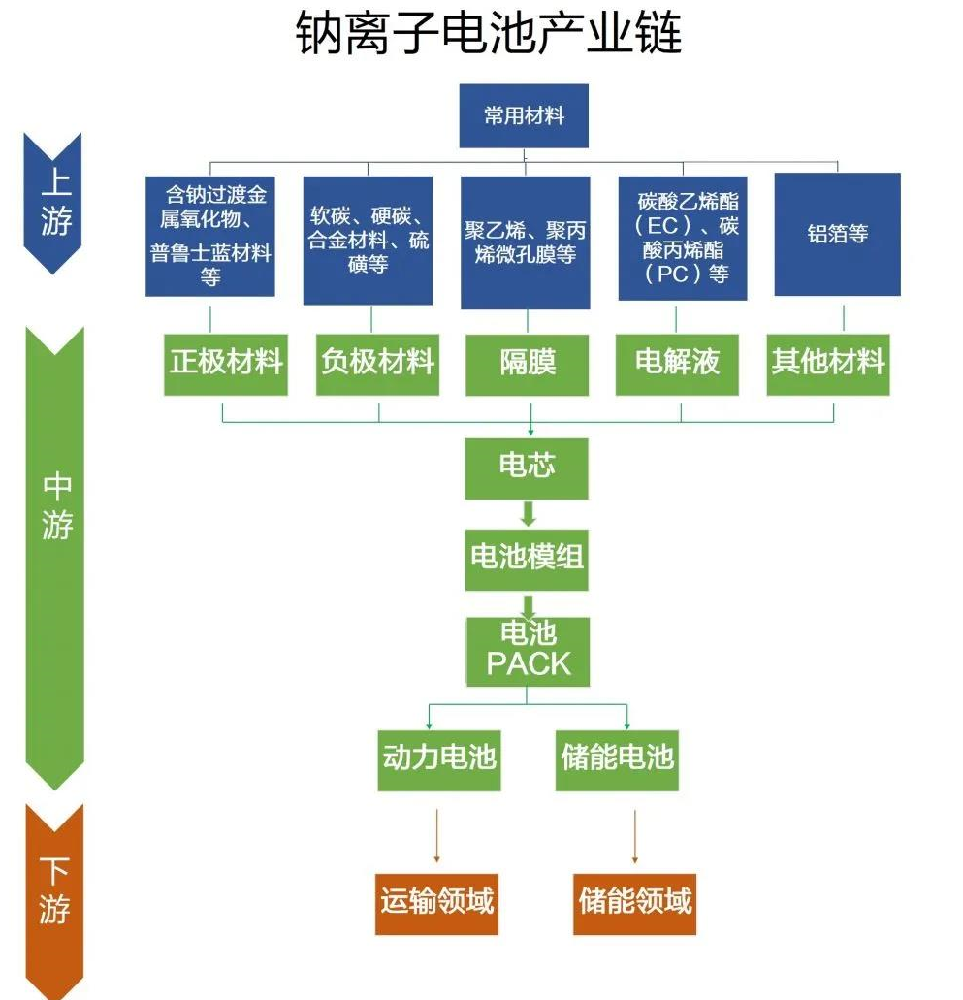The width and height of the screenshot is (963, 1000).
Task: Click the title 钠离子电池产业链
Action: pos(488,35)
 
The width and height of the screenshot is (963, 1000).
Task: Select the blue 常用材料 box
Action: pos(524,116)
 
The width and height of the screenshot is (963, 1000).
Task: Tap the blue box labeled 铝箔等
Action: pos(837,234)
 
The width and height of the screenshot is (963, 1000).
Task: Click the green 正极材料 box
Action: pos(226,363)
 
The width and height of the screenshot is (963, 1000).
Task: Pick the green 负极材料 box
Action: pos(377,363)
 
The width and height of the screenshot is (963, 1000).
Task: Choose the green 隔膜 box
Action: pos(528,363)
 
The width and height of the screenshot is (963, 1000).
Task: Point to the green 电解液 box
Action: pos(678,363)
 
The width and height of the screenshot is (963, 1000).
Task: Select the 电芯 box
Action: pos(527,468)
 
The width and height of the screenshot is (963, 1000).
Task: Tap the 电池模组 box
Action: pos(527,558)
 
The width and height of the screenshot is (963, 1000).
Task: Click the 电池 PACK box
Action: pos(528,650)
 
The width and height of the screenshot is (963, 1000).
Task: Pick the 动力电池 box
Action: pos(438,757)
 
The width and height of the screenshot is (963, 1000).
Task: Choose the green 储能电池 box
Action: pos(617,757)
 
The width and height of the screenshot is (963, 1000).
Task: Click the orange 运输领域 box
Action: pos(436,902)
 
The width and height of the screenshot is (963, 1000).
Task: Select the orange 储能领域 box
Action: pos(634,902)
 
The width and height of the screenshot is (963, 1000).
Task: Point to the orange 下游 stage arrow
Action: pos(54,892)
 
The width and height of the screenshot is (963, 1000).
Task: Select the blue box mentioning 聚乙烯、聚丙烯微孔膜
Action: pos(525,242)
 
